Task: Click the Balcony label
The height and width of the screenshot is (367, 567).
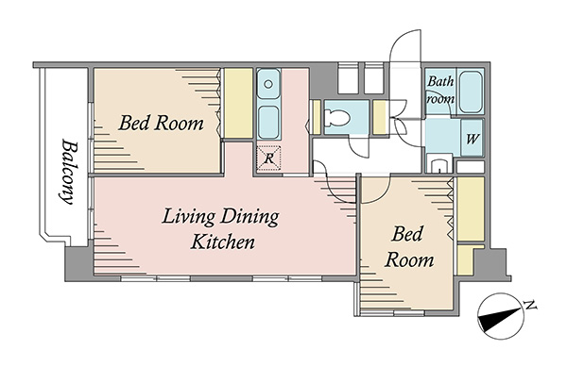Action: [69, 172]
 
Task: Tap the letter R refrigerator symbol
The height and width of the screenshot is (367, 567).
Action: [268, 158]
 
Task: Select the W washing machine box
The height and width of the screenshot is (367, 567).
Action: [472, 138]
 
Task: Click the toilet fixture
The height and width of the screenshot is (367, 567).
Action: [336, 117]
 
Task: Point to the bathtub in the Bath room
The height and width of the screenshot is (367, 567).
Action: [470, 92]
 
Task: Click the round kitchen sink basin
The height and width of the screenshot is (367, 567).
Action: [268, 85]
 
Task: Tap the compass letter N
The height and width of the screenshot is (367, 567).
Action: [530, 306]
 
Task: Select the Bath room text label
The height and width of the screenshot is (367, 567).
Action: [440, 90]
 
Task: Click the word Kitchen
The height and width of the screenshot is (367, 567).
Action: [223, 242]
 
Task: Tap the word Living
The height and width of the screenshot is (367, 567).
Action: [188, 217]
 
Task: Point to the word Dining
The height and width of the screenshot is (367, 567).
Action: [249, 217]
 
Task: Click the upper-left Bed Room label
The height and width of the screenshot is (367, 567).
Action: [161, 123]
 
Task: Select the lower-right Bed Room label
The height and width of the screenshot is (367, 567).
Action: [408, 247]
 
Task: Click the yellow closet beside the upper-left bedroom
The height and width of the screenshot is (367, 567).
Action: [238, 103]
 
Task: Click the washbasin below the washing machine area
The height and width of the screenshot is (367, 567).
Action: [439, 163]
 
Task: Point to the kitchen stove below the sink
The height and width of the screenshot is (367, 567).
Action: [268, 123]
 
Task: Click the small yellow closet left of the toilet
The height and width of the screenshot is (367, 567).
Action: [317, 117]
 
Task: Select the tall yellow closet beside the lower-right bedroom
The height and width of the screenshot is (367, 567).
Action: [471, 209]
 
